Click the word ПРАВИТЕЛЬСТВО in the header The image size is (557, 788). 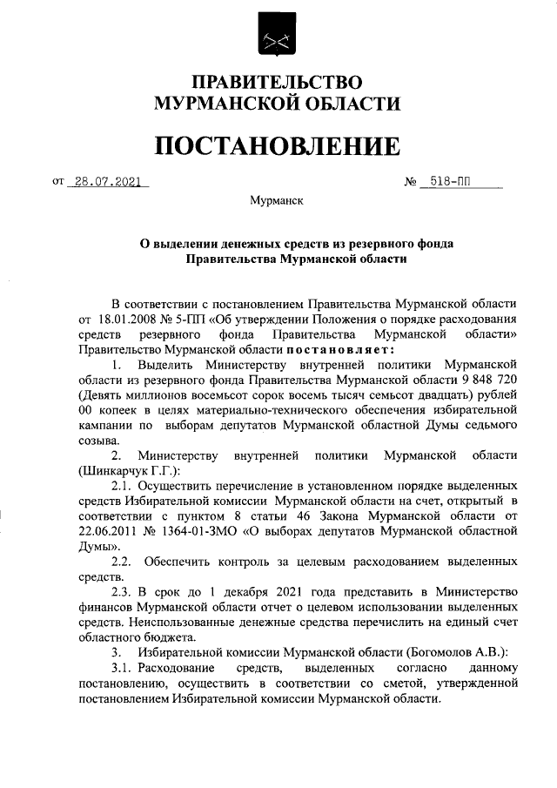pos(277,84)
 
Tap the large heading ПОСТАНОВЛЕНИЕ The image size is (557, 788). pos(278,145)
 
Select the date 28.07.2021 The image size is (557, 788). pos(108,183)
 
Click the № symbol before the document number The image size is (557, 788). pos(411,184)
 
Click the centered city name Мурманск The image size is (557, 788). pos(276,201)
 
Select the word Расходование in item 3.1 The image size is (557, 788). pos(178,668)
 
